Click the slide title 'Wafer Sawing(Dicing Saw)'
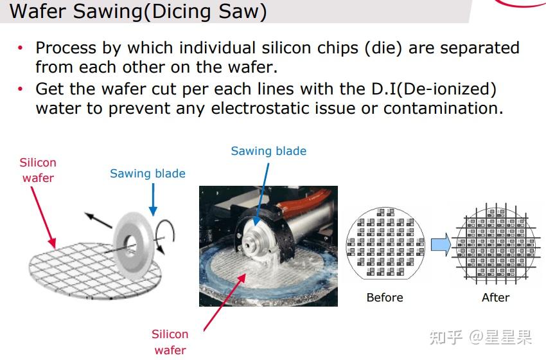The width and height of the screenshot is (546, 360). tap(138, 12)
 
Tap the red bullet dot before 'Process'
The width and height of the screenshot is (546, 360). tap(21, 48)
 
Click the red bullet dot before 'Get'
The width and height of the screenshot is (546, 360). tap(21, 89)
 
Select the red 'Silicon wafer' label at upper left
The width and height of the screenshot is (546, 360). tap(38, 170)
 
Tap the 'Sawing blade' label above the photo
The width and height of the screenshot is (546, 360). tap(269, 151)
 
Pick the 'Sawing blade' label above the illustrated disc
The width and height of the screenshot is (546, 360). tap(148, 174)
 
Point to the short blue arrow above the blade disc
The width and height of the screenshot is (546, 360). tap(152, 199)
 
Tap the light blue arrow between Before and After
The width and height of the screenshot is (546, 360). tap(441, 245)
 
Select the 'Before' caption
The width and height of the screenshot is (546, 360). tap(385, 298)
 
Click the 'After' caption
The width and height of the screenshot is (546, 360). tap(495, 298)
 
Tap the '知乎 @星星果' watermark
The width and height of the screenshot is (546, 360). tap(480, 337)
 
